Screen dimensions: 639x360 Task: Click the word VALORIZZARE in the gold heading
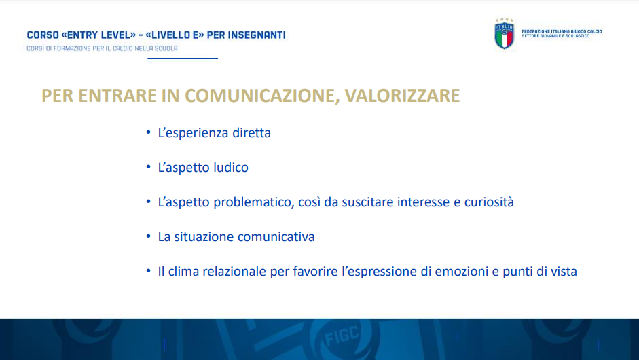point(402,96)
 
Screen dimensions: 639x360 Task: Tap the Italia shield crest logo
point(504,34)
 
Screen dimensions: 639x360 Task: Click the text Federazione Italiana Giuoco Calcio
point(562,31)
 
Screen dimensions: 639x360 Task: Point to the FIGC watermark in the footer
point(342,336)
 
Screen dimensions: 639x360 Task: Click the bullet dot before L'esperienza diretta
point(148,132)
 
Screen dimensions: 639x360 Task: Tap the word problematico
point(254,202)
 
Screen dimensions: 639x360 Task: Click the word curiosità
point(489,202)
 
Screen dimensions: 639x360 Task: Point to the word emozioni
point(461,272)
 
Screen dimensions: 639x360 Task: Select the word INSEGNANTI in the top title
point(256,35)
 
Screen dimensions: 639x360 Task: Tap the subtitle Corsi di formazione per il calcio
point(103,48)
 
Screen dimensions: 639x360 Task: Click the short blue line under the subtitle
point(183,58)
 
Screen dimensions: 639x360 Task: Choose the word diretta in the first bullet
point(251,133)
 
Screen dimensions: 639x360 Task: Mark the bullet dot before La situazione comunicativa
point(148,236)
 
